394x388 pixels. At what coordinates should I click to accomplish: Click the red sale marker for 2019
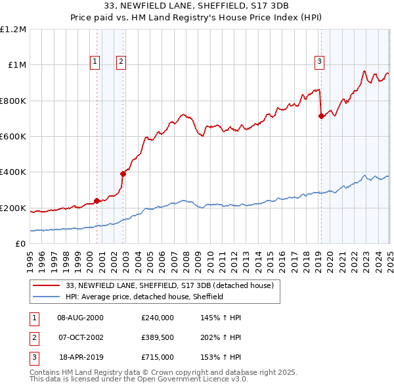point(321,116)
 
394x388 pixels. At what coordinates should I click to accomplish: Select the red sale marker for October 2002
point(123,174)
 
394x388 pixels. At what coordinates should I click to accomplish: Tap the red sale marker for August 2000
point(97,201)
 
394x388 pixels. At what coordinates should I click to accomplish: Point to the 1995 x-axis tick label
point(30,256)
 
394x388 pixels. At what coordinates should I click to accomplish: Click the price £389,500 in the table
point(157,338)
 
